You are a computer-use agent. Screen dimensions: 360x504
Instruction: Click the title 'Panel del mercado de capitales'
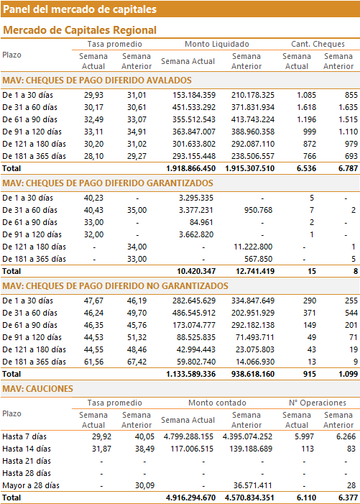click(x=80, y=9)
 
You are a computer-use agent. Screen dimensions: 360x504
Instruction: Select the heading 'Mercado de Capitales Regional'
click(x=80, y=30)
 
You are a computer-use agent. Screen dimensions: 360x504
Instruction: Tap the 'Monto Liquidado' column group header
click(x=217, y=44)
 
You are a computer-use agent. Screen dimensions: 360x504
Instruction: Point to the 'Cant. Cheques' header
click(x=318, y=44)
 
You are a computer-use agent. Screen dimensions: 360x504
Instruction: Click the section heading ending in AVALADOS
click(x=97, y=81)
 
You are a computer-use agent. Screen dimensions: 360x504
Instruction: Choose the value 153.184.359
click(x=194, y=95)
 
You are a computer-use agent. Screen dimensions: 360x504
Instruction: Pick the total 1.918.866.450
click(x=190, y=168)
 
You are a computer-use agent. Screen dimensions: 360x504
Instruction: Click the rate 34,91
click(x=137, y=132)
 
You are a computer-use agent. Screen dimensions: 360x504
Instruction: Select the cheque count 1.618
click(x=306, y=107)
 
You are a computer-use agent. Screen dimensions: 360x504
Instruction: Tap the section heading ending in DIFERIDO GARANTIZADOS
click(x=108, y=183)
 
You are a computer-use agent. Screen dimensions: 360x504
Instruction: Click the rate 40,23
click(x=94, y=198)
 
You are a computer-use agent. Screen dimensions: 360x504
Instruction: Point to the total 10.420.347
click(x=196, y=271)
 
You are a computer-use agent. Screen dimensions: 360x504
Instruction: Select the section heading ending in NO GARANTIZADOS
click(x=115, y=286)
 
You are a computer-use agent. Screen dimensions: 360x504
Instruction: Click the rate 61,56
click(x=94, y=362)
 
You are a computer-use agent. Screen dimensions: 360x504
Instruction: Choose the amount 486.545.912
click(x=194, y=313)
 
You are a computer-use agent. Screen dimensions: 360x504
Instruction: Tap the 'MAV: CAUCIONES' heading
click(x=38, y=389)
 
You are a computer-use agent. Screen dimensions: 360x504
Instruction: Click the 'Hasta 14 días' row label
click(x=27, y=449)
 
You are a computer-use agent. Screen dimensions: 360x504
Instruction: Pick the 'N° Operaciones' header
click(x=318, y=403)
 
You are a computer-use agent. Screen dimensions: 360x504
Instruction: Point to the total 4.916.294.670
click(x=190, y=498)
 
